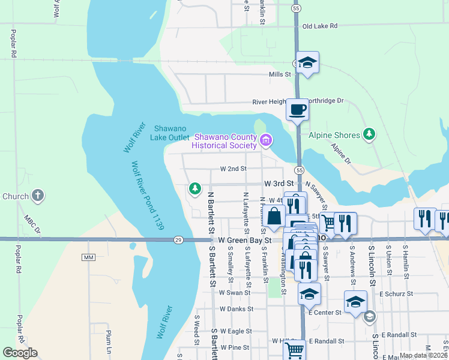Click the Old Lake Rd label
pos(320,26)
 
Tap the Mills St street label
pos(280,74)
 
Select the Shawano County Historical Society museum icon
pos(266,141)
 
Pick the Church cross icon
pos(37,196)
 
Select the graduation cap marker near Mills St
pos(307,62)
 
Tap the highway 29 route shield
pos(178,239)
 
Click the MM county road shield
pos(89,257)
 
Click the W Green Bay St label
pos(245,240)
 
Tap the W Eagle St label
pos(235,331)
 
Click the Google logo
pos(20,353)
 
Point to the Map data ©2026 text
pos(423,355)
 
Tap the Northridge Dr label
pos(325,101)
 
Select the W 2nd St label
pos(234,169)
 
